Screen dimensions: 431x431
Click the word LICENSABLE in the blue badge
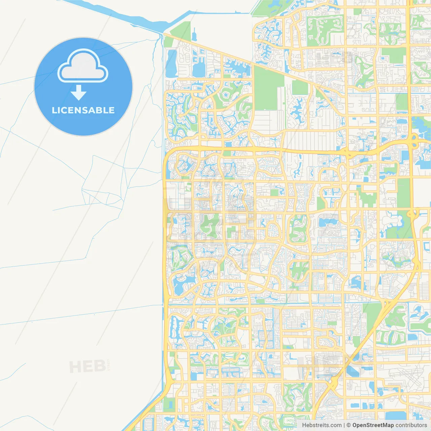pos(83,110)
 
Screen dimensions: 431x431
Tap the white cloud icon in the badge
pos(83,67)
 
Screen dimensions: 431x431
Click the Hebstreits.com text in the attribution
pos(322,425)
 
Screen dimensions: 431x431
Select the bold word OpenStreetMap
pos(373,425)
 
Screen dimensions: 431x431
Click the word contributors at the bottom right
pos(411,425)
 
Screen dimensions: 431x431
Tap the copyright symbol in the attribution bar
pos(349,425)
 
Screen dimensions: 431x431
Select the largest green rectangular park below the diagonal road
pos(268,88)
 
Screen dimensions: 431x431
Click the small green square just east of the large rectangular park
pos(300,87)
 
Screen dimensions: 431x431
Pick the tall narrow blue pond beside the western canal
pos(171,63)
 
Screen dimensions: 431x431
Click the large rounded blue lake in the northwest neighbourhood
pos(199,69)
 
